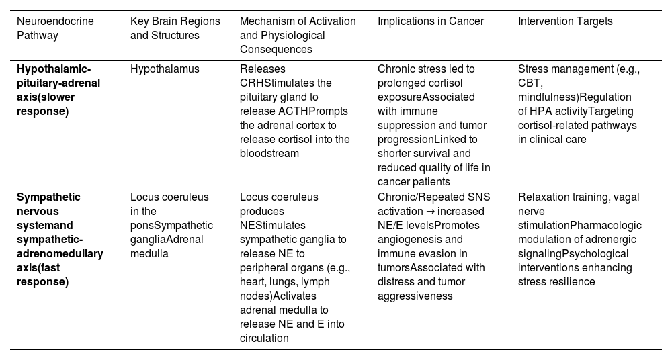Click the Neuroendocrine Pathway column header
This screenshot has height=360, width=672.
click(55, 28)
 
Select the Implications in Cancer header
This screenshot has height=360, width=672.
click(430, 21)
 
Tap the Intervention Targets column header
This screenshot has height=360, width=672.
click(565, 21)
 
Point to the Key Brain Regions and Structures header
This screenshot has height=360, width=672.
click(175, 28)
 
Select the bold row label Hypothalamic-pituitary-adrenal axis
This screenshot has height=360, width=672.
click(58, 89)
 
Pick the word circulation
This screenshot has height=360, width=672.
click(264, 338)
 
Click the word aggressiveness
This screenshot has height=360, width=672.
click(415, 296)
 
